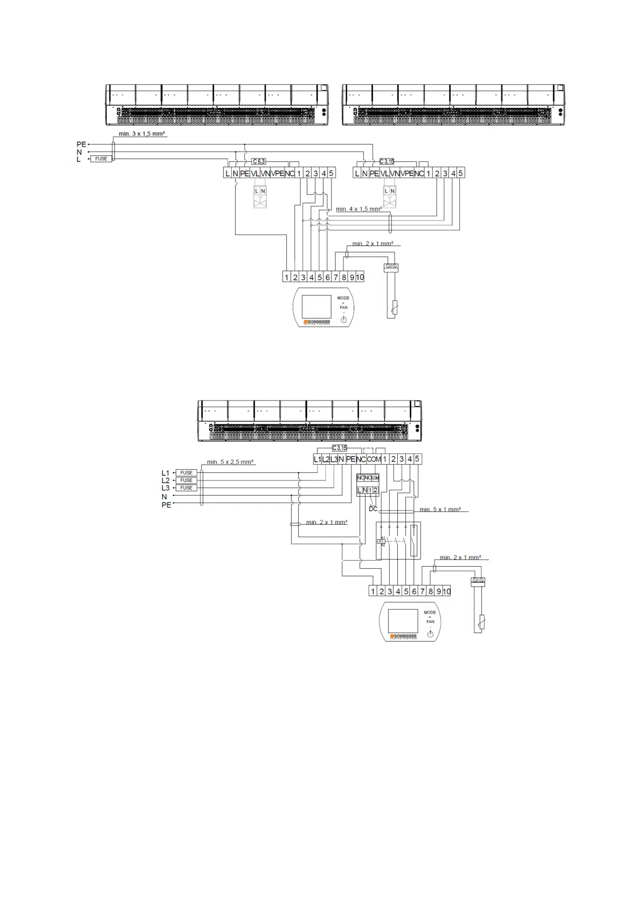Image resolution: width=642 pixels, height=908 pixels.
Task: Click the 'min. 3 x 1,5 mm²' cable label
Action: (142, 133)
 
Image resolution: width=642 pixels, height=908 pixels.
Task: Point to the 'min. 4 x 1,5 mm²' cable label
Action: (358, 209)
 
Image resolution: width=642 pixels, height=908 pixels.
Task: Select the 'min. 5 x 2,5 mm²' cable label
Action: (230, 462)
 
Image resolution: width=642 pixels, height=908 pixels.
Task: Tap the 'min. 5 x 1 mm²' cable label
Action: (440, 509)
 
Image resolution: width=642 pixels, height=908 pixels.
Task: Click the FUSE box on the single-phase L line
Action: (101, 159)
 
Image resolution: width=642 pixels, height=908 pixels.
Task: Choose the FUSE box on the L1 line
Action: (186, 473)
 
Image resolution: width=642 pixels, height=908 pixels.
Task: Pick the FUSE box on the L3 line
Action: (186, 488)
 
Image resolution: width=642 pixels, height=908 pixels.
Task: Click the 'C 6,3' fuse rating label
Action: (259, 161)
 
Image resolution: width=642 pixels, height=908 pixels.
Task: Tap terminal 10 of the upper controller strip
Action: (360, 278)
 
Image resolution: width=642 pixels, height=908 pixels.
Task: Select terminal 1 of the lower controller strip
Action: (372, 591)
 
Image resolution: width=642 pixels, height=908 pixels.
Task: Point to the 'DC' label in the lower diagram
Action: (373, 508)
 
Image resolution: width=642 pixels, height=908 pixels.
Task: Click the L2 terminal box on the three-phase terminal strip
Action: (326, 459)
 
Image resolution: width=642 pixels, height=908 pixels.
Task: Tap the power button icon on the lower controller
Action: (430, 634)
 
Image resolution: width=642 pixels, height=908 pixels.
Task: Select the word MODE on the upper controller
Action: (343, 298)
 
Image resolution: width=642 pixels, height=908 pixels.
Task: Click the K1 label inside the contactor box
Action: (381, 541)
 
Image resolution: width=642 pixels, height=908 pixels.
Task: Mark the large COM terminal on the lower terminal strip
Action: (374, 459)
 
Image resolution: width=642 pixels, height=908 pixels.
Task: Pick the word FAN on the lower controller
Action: (430, 622)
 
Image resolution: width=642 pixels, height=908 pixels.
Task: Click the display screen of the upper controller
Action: (316, 306)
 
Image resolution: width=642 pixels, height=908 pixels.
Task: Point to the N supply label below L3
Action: (164, 497)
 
